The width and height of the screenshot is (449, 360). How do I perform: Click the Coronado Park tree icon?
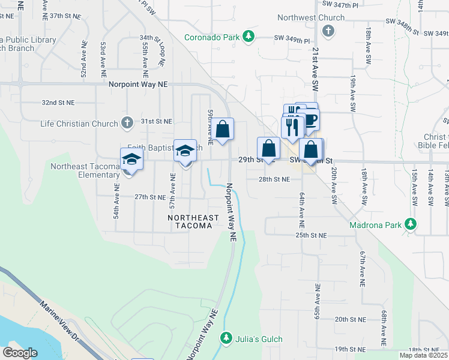click(x=249, y=37)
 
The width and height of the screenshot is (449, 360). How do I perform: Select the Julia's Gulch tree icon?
click(x=226, y=338)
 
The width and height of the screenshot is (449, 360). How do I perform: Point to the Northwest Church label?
click(x=315, y=18)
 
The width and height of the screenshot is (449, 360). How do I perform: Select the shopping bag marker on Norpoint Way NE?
click(x=222, y=129)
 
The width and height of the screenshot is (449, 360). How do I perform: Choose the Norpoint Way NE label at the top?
click(x=137, y=85)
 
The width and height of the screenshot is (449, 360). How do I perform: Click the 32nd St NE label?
click(x=58, y=103)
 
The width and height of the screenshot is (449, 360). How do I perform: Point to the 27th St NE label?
click(x=149, y=197)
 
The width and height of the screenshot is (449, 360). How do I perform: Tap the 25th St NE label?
click(x=310, y=235)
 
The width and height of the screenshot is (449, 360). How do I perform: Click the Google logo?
click(x=20, y=353)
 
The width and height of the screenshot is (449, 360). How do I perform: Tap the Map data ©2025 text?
click(x=424, y=355)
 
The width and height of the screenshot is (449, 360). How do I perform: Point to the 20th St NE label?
click(x=350, y=319)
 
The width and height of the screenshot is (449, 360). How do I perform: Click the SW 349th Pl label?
click(x=292, y=40)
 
